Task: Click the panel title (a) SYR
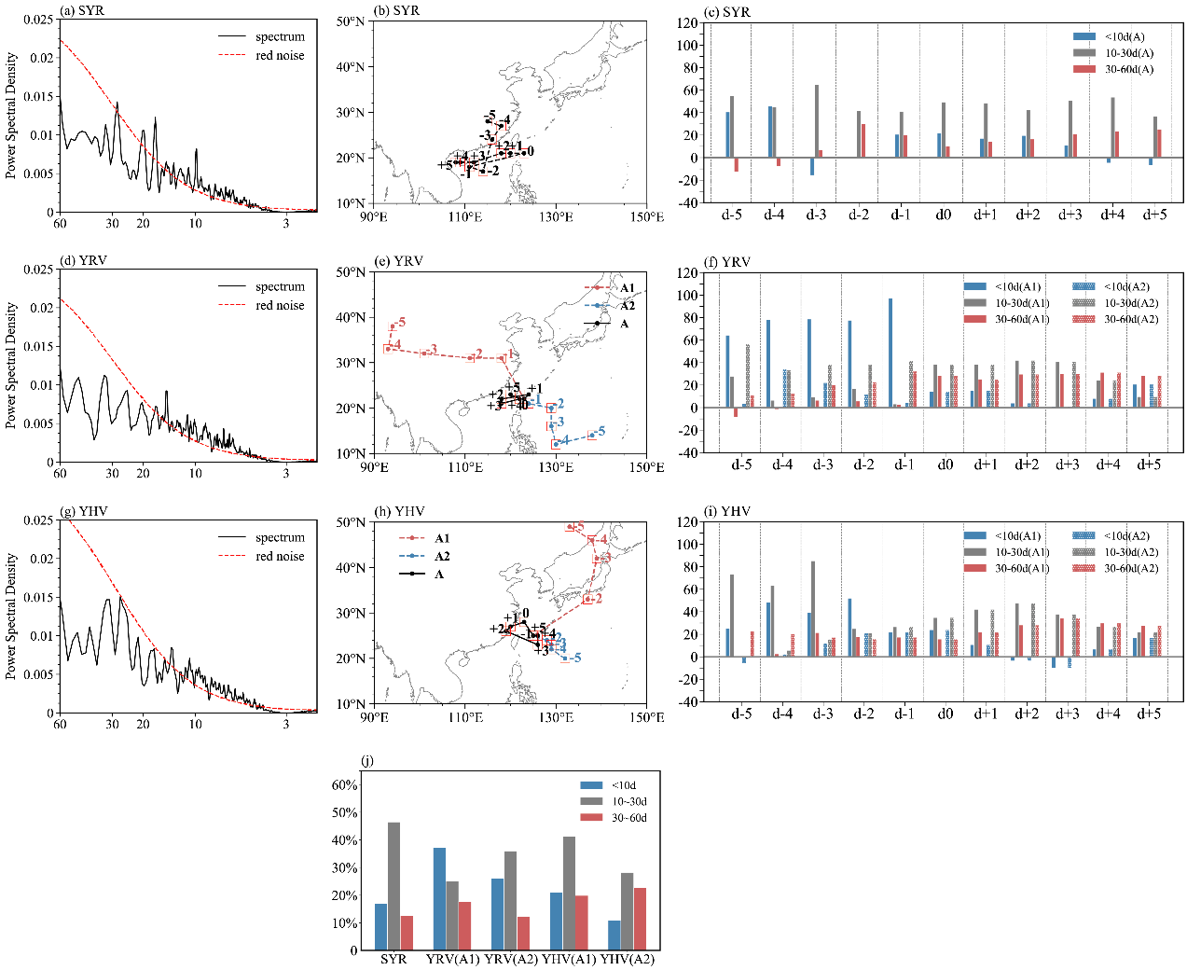pyautogui.click(x=81, y=11)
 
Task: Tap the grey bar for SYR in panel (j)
pyautogui.click(x=394, y=886)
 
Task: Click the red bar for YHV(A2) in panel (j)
pyautogui.click(x=640, y=919)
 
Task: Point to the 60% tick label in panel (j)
pyautogui.click(x=345, y=785)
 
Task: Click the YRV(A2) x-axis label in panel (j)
pyautogui.click(x=510, y=960)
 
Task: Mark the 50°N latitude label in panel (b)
pyautogui.click(x=350, y=21)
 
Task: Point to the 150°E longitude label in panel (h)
pyautogui.click(x=646, y=717)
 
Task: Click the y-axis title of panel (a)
pyautogui.click(x=11, y=116)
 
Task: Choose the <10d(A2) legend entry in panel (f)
pyautogui.click(x=1126, y=286)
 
